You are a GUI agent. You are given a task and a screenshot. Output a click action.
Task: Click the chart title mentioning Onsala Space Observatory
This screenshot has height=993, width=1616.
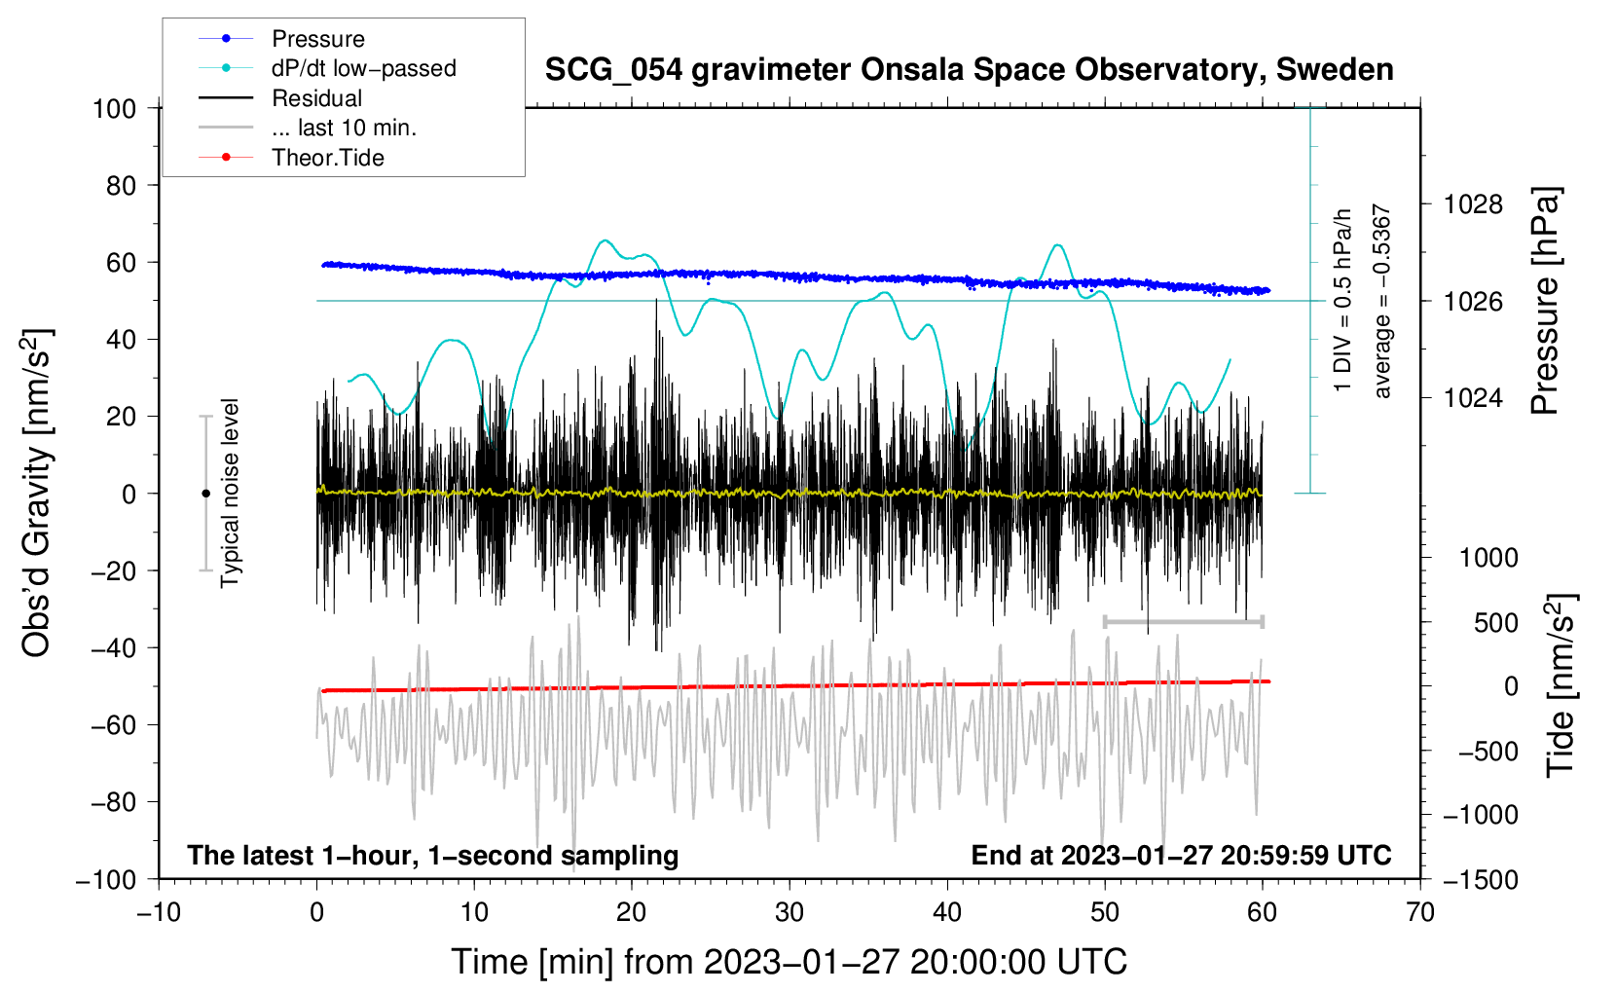[969, 70]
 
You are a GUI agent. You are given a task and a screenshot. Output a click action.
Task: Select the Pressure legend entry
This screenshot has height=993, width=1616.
[317, 39]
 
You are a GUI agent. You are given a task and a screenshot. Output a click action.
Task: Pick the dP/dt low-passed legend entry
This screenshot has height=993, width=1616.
[363, 68]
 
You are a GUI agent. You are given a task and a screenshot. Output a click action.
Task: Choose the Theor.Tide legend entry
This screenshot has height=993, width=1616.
[327, 158]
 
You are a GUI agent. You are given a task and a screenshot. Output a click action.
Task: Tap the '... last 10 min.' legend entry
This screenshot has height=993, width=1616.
[344, 128]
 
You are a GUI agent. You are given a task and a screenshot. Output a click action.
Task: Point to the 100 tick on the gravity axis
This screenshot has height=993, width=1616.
[114, 108]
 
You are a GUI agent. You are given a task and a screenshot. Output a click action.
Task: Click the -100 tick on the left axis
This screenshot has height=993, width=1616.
[106, 879]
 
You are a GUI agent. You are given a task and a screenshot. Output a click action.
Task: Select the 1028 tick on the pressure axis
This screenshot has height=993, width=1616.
[1473, 204]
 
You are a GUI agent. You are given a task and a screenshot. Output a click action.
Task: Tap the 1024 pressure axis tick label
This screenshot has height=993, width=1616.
[1473, 397]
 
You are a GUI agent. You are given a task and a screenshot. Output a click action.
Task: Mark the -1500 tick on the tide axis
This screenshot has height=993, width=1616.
[1480, 879]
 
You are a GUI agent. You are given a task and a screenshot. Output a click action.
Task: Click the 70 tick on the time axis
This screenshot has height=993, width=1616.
[1420, 912]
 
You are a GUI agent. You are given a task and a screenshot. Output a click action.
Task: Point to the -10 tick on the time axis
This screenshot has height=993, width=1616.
[159, 912]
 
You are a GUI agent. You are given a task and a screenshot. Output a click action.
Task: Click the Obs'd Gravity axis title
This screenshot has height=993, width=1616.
[36, 493]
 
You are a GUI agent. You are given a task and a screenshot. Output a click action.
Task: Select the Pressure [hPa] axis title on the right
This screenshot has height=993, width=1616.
[1545, 301]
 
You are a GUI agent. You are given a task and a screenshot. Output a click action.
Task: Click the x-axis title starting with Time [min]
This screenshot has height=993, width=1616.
[789, 962]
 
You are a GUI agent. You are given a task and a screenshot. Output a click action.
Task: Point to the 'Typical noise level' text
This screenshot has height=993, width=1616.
[230, 493]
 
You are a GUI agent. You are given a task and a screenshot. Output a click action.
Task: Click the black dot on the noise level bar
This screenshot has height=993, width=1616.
[205, 494]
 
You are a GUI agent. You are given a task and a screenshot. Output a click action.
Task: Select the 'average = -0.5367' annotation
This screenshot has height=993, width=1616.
[1382, 301]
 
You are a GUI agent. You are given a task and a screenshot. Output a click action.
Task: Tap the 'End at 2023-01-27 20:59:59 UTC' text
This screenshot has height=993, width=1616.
[1181, 855]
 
